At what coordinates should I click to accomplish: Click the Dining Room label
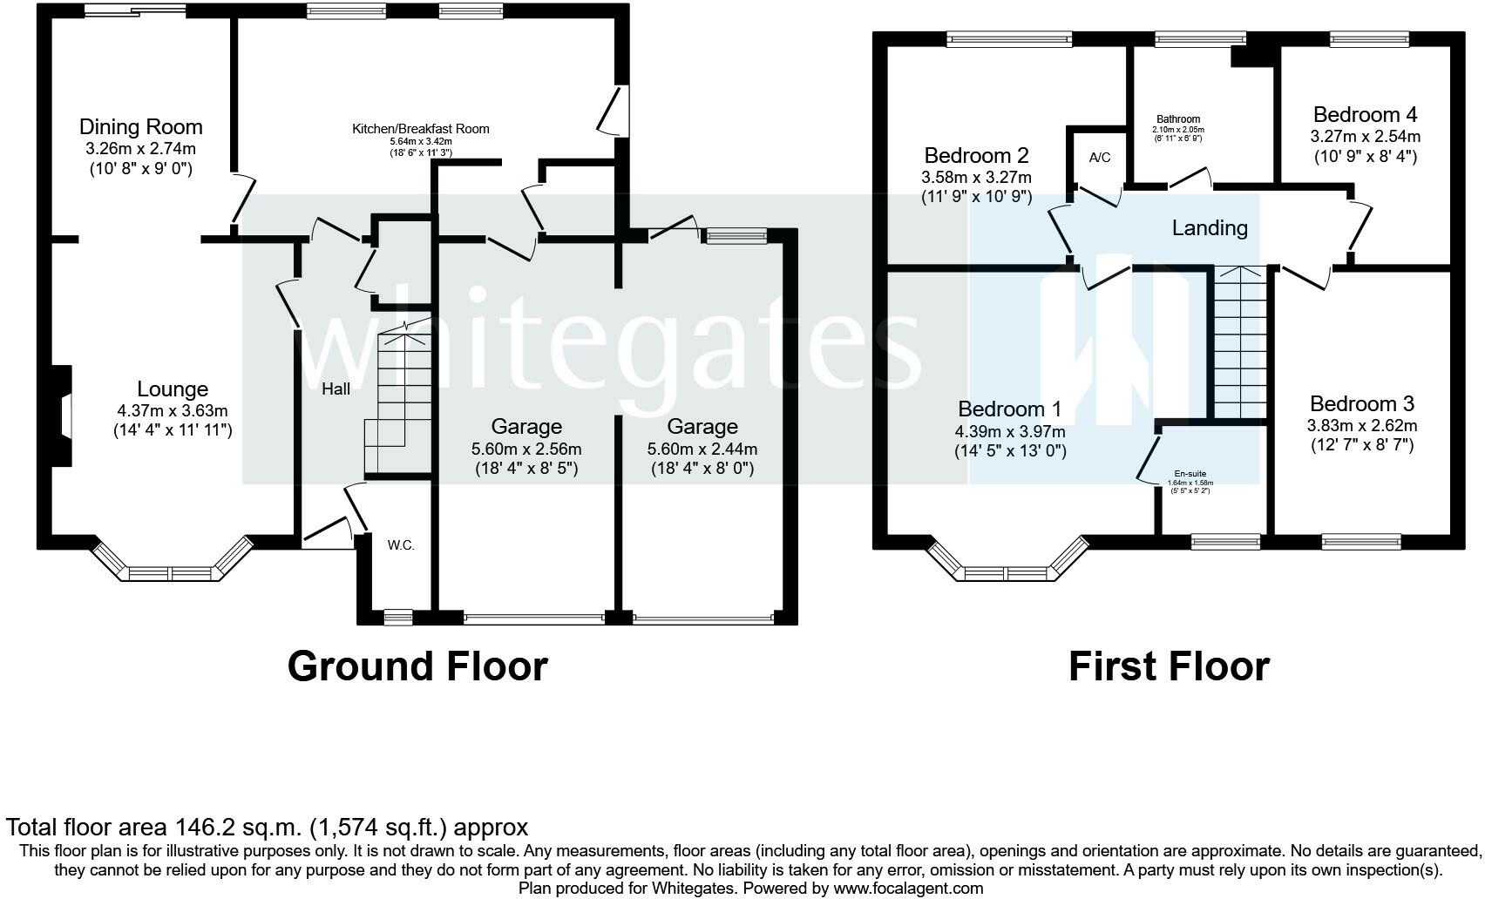pyautogui.click(x=140, y=126)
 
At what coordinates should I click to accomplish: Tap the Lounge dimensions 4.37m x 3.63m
pyautogui.click(x=173, y=411)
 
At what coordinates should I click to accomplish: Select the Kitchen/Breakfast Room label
pyautogui.click(x=420, y=129)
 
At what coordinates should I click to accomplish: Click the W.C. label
pyautogui.click(x=401, y=545)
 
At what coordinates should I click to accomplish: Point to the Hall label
pyautogui.click(x=336, y=389)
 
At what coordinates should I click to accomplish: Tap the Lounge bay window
pyautogui.click(x=173, y=561)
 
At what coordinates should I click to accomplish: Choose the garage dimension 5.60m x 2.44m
pyautogui.click(x=702, y=449)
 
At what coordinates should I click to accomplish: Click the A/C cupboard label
pyautogui.click(x=1099, y=158)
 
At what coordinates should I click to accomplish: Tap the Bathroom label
pyautogui.click(x=1178, y=119)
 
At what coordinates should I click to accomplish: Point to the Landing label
pyautogui.click(x=1210, y=228)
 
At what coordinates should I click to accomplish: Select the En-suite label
pyautogui.click(x=1190, y=474)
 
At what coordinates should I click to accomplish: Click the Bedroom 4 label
pyautogui.click(x=1365, y=115)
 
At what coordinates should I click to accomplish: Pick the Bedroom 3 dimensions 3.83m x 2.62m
pyautogui.click(x=1362, y=425)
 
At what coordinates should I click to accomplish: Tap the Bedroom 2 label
pyautogui.click(x=977, y=155)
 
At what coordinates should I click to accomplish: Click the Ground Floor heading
pyautogui.click(x=417, y=666)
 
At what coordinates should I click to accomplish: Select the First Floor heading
pyautogui.click(x=1170, y=666)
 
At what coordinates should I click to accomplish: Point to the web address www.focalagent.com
pyautogui.click(x=908, y=888)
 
